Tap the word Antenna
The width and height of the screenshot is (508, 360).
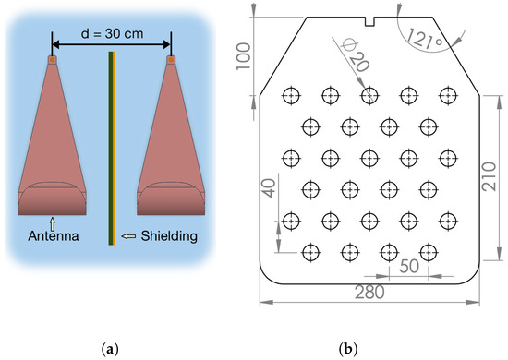53,237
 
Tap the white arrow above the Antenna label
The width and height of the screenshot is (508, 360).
53,222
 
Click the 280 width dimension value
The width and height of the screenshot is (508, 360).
369,294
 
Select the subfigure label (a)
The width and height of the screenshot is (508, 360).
112,347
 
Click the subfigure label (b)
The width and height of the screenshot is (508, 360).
369,347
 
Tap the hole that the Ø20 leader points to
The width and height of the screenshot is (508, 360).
369,95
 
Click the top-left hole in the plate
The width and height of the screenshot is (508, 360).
291,95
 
